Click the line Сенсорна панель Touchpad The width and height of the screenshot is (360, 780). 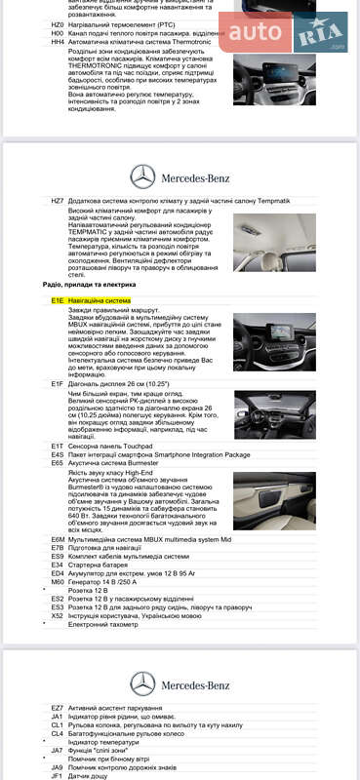pos(106,445)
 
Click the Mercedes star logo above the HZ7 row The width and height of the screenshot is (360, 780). pos(142,176)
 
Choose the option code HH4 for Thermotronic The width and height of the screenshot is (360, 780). pos(58,43)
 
